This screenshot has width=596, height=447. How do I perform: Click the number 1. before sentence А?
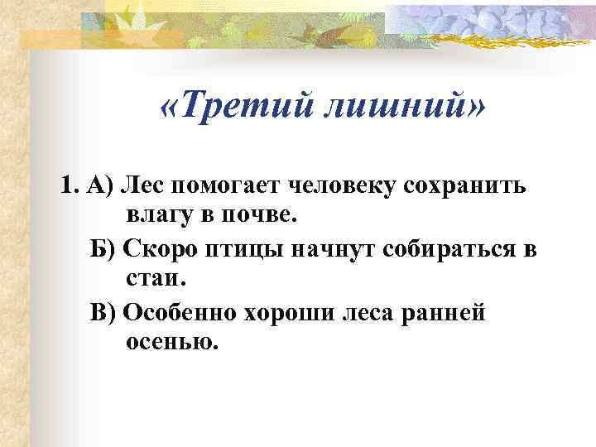click(x=70, y=184)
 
